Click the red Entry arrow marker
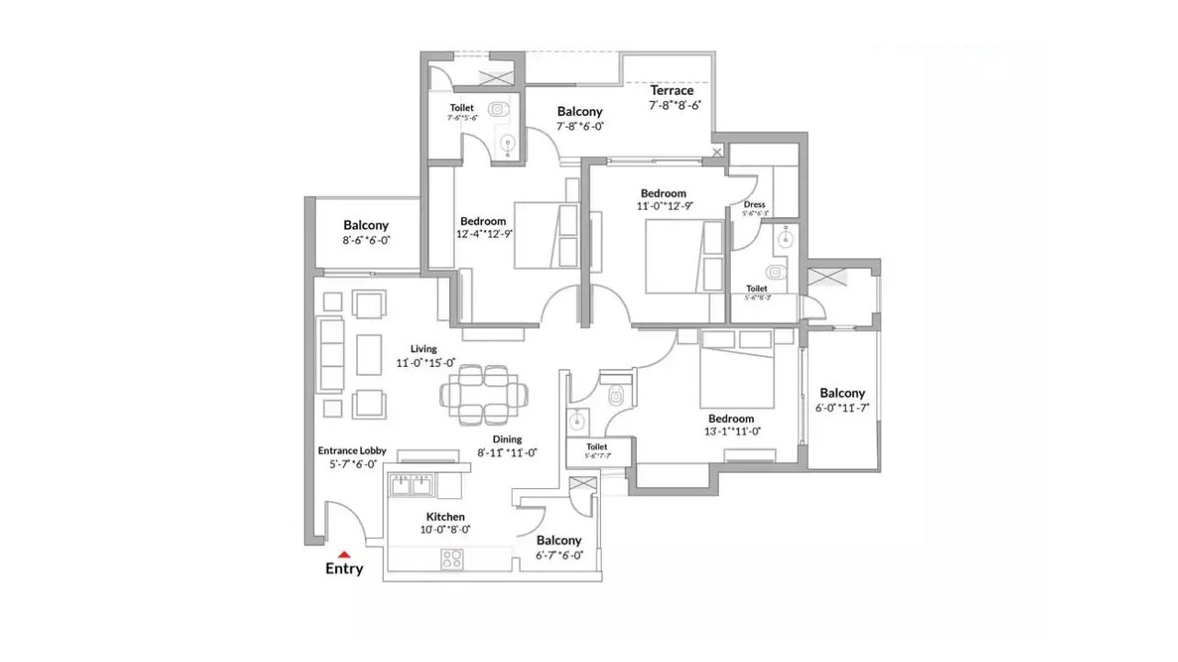[344, 554]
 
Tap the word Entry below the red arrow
[344, 569]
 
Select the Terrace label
[672, 90]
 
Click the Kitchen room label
[445, 517]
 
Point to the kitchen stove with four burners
[452, 557]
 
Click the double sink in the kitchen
[411, 485]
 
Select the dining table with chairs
[484, 394]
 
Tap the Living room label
[423, 349]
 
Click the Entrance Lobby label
[352, 451]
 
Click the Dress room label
[755, 205]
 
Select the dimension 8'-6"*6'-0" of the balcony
[366, 240]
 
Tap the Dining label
[507, 439]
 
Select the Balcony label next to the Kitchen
[559, 541]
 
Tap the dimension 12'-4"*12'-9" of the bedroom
[483, 234]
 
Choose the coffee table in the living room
[369, 354]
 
